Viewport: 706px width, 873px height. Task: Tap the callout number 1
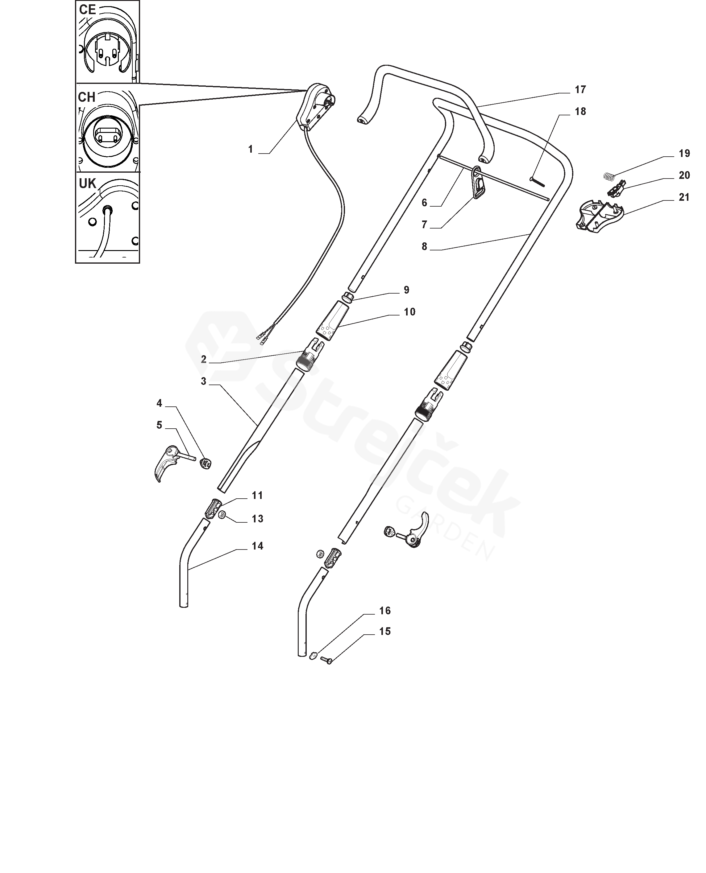tap(251, 150)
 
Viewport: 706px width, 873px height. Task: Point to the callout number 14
tap(257, 546)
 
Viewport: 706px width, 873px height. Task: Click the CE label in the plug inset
tap(87, 10)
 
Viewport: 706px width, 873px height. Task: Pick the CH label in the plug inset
tap(87, 97)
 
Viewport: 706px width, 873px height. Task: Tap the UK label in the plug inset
tap(87, 184)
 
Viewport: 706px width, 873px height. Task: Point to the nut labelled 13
tap(222, 515)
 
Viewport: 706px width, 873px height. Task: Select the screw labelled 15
tap(326, 661)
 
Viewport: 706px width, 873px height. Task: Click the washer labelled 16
tap(313, 655)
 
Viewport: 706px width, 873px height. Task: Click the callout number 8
tap(424, 246)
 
